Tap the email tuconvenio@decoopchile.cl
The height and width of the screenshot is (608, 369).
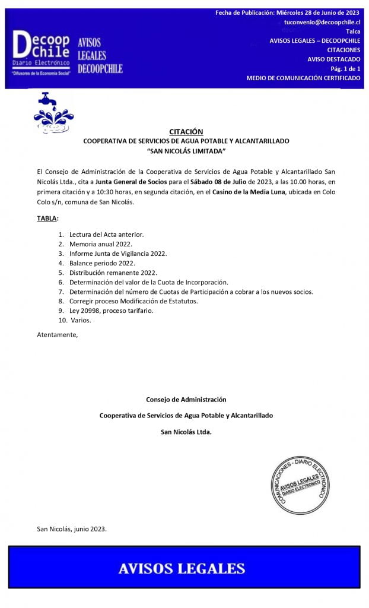(x=322, y=21)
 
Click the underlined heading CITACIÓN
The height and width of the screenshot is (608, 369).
(x=186, y=131)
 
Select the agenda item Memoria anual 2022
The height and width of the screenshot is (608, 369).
(x=100, y=244)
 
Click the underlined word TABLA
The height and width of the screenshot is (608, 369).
(x=47, y=218)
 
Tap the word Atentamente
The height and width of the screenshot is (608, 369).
(x=57, y=334)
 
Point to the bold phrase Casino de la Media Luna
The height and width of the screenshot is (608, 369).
(x=249, y=192)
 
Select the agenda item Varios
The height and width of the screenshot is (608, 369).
(x=81, y=320)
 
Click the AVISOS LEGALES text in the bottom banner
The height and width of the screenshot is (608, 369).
(x=182, y=568)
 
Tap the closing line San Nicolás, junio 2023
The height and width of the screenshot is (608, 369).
(x=72, y=528)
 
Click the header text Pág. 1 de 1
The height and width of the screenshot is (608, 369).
(x=345, y=69)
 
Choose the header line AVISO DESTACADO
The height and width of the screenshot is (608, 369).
(x=333, y=59)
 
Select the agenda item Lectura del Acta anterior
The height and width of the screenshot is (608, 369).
(x=106, y=235)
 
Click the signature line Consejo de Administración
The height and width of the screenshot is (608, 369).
(x=186, y=400)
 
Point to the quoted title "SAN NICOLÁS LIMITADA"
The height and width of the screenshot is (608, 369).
(x=186, y=151)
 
